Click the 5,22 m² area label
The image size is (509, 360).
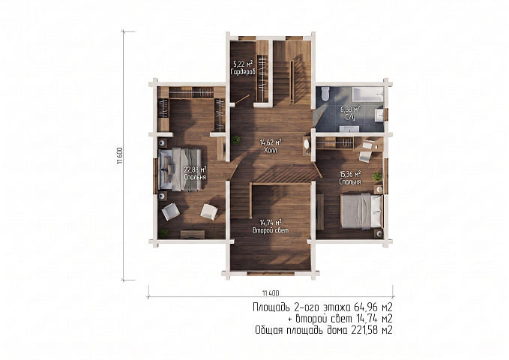(243, 64)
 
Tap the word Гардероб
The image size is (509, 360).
(243, 72)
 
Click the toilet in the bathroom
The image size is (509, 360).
(325, 93)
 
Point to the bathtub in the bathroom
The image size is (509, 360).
(367, 94)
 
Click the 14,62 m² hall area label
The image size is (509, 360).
(271, 142)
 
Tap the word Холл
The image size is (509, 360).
(271, 150)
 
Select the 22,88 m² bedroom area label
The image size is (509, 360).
(195, 169)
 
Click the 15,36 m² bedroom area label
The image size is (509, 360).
(350, 174)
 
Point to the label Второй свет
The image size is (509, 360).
(271, 230)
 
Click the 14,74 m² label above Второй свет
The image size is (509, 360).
(271, 223)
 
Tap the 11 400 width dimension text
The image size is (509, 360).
(271, 293)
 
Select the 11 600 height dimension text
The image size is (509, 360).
(120, 156)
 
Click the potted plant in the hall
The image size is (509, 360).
(236, 140)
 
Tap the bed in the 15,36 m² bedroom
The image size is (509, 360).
(361, 211)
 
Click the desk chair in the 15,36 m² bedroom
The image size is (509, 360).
(364, 156)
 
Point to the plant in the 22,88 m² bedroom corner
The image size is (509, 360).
(164, 233)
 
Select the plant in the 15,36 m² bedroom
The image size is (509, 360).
(377, 177)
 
